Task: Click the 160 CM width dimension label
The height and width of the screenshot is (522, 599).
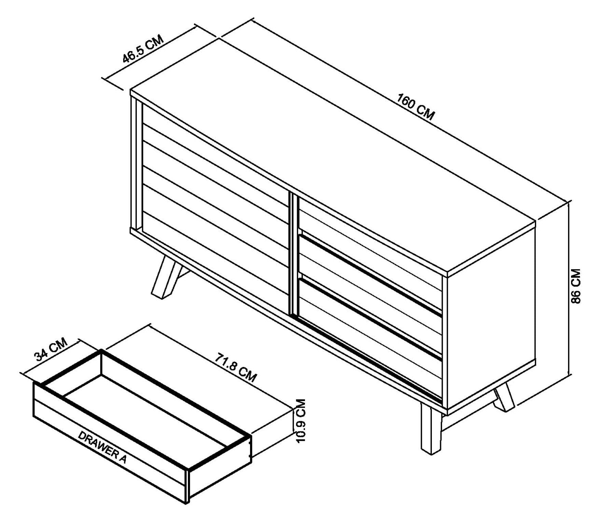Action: tap(415, 107)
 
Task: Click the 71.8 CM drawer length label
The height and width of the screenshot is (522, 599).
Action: tap(235, 368)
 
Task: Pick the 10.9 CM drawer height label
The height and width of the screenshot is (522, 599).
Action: tap(301, 421)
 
